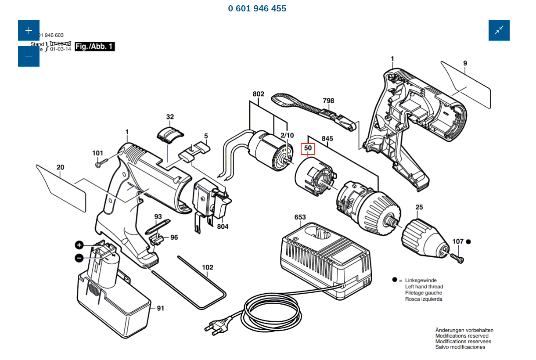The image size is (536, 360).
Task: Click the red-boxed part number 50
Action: [x=308, y=149]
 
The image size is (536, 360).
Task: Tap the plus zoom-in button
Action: [x=29, y=30]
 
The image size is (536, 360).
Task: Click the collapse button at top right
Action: [x=499, y=30]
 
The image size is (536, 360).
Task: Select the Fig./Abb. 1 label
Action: [x=95, y=46]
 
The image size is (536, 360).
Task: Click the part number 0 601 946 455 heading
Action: [x=257, y=8]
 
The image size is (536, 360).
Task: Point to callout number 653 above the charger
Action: [x=300, y=217]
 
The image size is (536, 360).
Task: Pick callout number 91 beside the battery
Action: [x=161, y=309]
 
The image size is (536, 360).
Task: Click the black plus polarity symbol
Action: [x=79, y=245]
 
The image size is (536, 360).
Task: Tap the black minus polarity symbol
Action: [x=79, y=258]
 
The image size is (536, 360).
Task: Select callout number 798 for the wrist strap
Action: [x=328, y=101]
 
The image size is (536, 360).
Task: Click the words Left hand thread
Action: [x=424, y=287]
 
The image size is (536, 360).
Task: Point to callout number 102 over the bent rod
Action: [x=207, y=267]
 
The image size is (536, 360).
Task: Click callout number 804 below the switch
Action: [x=223, y=227]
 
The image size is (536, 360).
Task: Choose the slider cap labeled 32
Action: [x=169, y=133]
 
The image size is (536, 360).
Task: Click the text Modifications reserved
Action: [x=461, y=336]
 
